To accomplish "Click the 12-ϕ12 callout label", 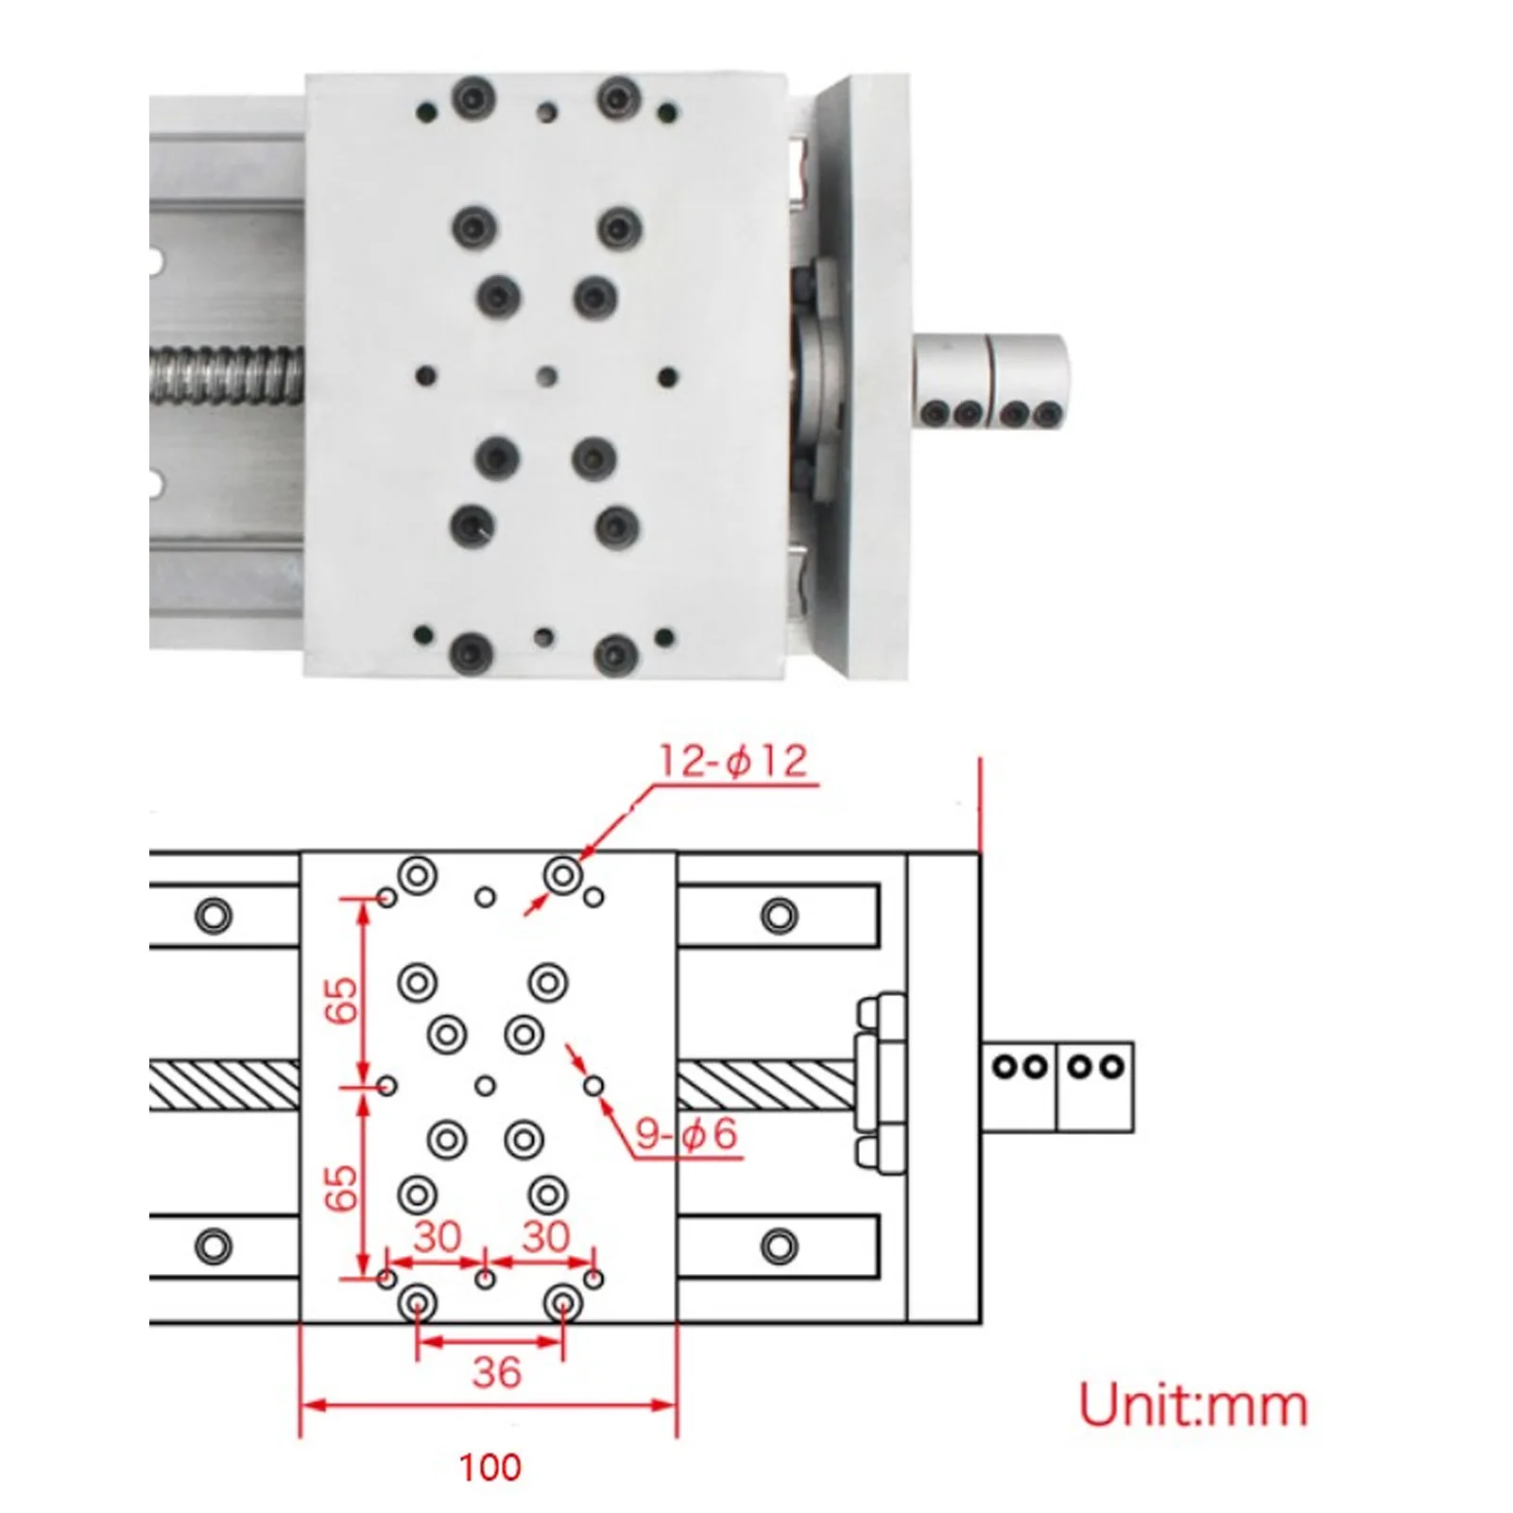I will [x=732, y=761].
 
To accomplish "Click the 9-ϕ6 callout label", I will [x=685, y=1133].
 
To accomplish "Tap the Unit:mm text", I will [x=1193, y=1406].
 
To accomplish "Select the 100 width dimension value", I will [x=490, y=1468].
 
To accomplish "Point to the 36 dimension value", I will [x=496, y=1372].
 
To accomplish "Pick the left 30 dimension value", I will [x=437, y=1237].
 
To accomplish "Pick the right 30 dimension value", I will [x=545, y=1237].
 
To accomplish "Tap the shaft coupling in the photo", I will [x=989, y=378].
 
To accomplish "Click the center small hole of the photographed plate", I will [x=545, y=377].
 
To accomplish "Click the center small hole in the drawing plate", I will [x=485, y=1086].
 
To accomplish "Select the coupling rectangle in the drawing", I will [x=1057, y=1087].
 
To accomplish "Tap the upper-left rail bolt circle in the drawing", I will [x=213, y=915].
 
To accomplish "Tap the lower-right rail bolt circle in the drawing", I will [x=779, y=1247].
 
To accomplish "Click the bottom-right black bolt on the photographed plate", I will [x=617, y=651].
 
